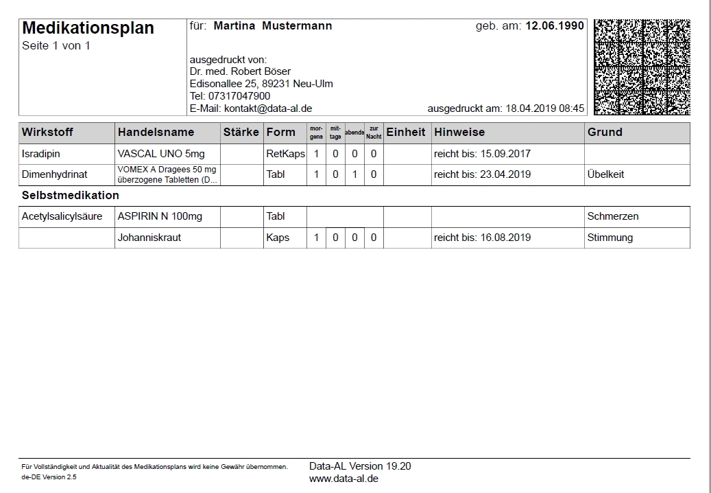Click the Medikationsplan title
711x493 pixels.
(88, 28)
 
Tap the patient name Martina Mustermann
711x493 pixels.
(273, 26)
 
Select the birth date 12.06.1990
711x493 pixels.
(555, 26)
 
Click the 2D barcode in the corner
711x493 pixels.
(642, 67)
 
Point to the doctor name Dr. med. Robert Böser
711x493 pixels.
(240, 71)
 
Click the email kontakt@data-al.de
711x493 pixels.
(268, 108)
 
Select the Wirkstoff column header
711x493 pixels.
(47, 132)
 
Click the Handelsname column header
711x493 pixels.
(156, 132)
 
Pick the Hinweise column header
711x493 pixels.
(459, 132)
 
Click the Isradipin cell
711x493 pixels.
(42, 154)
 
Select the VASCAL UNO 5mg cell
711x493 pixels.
(160, 154)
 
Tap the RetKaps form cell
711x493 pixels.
(285, 154)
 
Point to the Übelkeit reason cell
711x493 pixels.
(605, 174)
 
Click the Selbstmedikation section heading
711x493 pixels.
(71, 196)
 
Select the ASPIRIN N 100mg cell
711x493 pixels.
(160, 216)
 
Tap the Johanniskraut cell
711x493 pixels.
(149, 238)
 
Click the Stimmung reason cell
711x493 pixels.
(610, 238)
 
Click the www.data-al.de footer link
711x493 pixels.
(344, 479)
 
